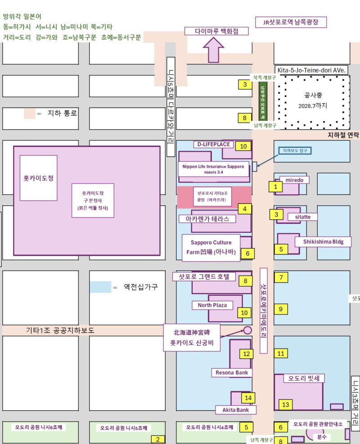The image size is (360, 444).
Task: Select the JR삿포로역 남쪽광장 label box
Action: [290, 22]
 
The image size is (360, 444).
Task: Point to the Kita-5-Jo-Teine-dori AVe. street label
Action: [311, 70]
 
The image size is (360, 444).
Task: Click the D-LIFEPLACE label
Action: [214, 145]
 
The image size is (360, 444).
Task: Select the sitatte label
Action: [302, 217]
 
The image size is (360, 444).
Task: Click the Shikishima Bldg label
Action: [322, 242]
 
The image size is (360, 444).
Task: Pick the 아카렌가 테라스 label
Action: [207, 219]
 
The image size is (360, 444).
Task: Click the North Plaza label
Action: [212, 305]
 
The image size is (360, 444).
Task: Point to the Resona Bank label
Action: [232, 372]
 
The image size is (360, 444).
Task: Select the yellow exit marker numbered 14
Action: [248, 398]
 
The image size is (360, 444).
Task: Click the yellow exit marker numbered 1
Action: [275, 186]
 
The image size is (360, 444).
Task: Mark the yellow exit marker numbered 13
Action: [285, 404]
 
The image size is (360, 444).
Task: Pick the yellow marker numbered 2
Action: [157, 439]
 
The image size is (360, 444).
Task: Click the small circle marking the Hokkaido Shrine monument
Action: [247, 330]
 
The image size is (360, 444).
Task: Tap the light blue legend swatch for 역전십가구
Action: [100, 287]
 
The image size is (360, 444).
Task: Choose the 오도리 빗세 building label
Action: [304, 378]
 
